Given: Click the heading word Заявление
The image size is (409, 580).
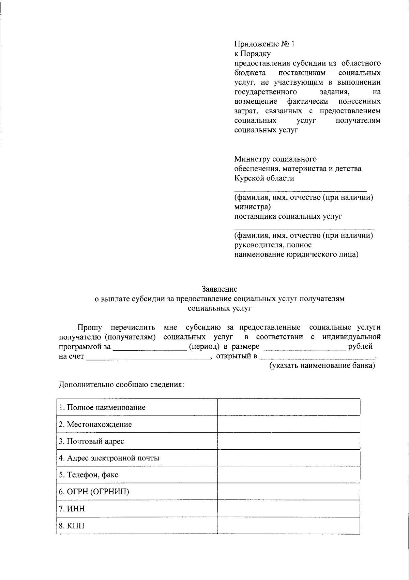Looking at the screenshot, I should point(219,289).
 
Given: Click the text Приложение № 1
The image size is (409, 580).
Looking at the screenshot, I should point(264,44).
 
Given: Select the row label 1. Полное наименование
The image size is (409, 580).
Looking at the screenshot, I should point(102,407).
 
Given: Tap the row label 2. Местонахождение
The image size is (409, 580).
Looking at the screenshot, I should point(95,424).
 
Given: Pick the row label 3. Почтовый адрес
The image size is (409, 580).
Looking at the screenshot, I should point(91,441).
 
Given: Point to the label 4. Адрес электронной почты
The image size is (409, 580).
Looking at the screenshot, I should point(109,458).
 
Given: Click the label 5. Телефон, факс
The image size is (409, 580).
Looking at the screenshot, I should point(89,475).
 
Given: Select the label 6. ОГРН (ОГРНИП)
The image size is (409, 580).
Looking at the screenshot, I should point(94,492).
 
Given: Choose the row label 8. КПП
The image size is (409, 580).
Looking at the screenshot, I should point(72,526).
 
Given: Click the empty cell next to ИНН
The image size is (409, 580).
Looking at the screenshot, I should point(289,509).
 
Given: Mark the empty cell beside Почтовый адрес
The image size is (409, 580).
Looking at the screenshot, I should point(289,441).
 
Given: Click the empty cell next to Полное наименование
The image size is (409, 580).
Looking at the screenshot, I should point(289,407).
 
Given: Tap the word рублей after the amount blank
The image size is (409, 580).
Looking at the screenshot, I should point(360,347).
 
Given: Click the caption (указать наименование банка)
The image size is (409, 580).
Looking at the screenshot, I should point(322,366).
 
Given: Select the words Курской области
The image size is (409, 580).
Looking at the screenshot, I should point(264,178).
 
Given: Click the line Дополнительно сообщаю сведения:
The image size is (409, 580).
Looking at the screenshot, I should point(122,385).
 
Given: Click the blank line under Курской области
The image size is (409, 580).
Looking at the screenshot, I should point(300,190).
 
